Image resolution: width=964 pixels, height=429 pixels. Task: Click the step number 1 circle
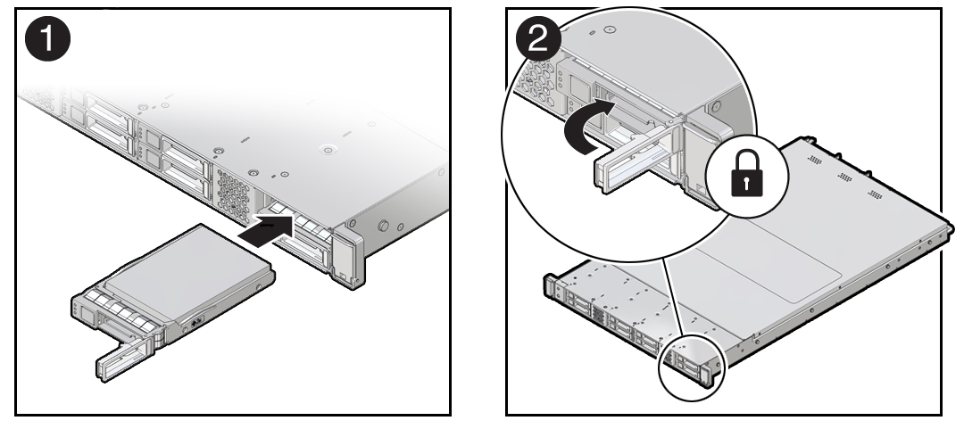pos(46,43)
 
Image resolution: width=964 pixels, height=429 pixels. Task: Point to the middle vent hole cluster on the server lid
pos(845,177)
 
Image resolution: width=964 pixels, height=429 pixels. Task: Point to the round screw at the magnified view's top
pos(610,29)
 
